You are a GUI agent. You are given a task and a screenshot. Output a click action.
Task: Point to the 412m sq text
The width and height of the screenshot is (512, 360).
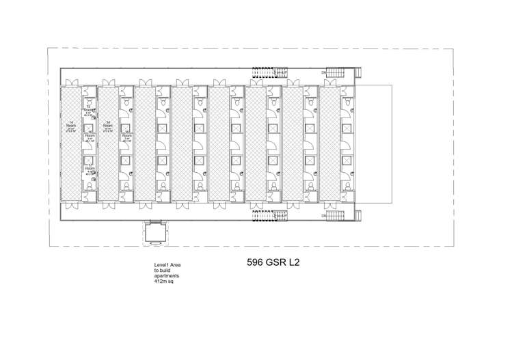coord(164,279)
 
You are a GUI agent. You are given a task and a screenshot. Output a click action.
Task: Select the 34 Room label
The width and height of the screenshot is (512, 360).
coord(108,126)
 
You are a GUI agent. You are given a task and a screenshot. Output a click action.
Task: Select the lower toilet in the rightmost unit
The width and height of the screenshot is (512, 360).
coord(347,186)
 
